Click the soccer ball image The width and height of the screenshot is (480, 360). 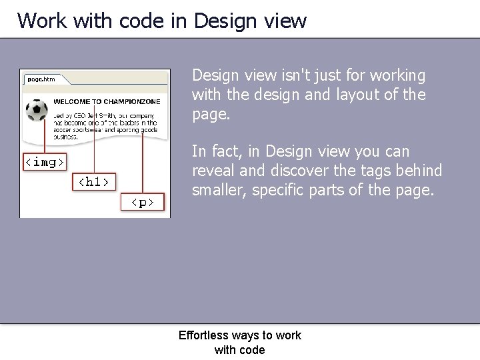coord(37,109)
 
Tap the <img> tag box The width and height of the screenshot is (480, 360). coord(45,161)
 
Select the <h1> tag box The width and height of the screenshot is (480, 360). coord(94,181)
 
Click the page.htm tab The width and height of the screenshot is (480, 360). coord(41,79)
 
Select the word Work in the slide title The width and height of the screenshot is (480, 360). coord(41,21)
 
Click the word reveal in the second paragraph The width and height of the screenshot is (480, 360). coord(212,171)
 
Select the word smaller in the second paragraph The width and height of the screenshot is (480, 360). coord(217,191)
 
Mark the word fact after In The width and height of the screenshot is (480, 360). coord(223,152)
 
